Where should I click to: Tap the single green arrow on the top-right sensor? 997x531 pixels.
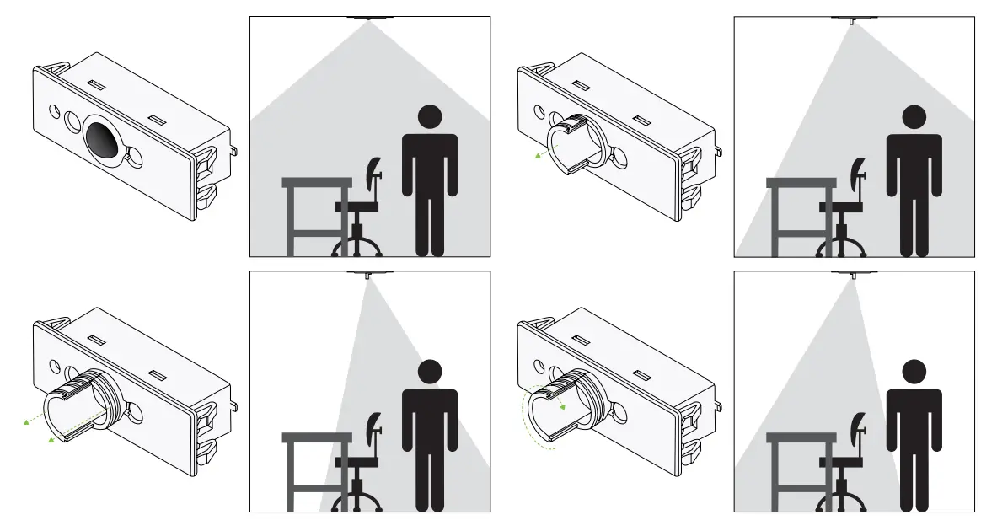[x=539, y=154]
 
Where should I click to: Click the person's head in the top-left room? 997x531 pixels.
[x=430, y=117]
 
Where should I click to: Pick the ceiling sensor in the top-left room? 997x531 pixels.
[x=368, y=18]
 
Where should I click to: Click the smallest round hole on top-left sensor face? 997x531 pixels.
[x=55, y=110]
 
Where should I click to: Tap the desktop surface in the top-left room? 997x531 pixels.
[x=316, y=182]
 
